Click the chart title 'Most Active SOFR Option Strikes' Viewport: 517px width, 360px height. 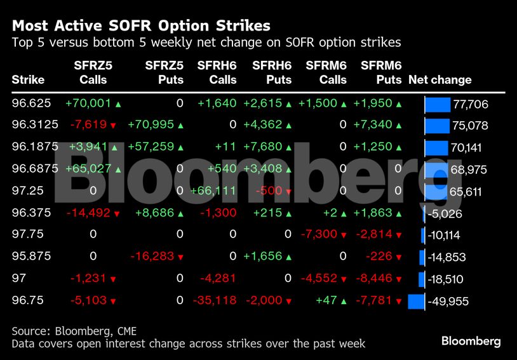coord(141,26)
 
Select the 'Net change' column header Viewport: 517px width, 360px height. coord(440,80)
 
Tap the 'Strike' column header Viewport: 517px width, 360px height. coord(28,80)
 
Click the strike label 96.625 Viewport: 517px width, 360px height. coord(31,103)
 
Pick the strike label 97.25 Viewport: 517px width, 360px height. coord(26,190)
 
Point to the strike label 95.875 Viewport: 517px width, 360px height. coord(31,257)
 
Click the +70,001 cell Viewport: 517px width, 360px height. coord(88,103)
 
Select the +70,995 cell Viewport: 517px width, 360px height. coord(152,125)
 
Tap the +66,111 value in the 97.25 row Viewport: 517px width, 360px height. coord(217,190)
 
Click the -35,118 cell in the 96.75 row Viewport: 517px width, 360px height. coord(214,300)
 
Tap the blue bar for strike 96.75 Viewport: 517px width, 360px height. coord(416,300)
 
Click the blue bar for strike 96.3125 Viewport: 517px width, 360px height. coord(436,125)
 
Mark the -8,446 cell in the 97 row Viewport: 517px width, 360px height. coord(379,279)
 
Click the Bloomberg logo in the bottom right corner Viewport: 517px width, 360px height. coord(471,341)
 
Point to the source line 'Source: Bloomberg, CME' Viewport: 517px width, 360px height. coord(74,331)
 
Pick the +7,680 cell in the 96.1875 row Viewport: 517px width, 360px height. coord(269,147)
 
